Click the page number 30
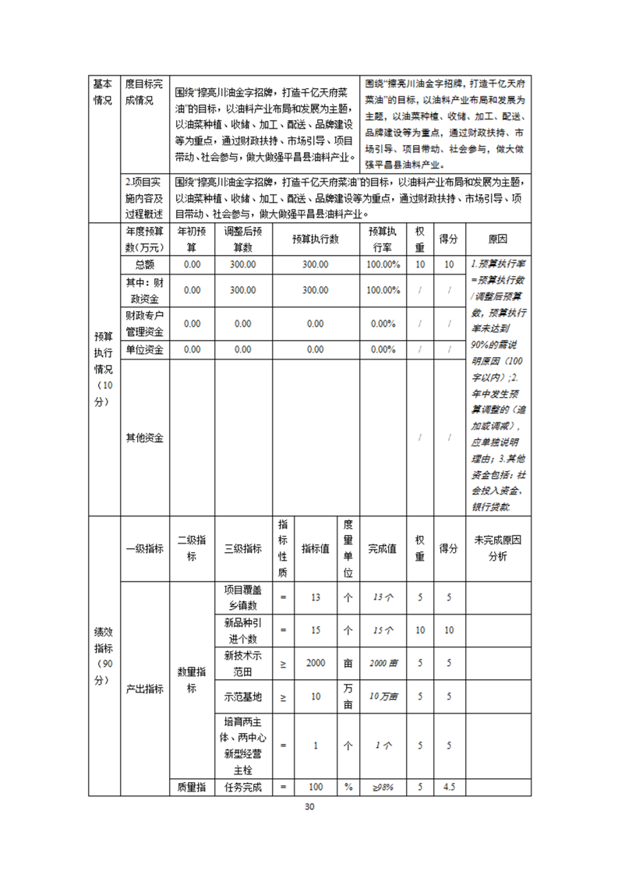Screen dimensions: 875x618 pos(309,806)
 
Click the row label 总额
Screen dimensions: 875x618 pos(144,264)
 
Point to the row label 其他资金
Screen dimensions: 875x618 pos(144,437)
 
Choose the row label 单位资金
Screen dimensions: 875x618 pos(144,350)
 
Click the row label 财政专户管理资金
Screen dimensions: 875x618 pos(144,324)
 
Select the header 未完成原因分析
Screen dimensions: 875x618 pos(497,548)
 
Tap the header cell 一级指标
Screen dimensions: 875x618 pos(144,548)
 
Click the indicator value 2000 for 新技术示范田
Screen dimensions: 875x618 pos(316,663)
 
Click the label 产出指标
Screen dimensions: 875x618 pos(144,689)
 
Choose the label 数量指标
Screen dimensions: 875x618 pos(192,679)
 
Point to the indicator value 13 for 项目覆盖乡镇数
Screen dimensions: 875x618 pos(316,597)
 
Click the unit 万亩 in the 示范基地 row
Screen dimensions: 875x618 pos(348,696)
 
